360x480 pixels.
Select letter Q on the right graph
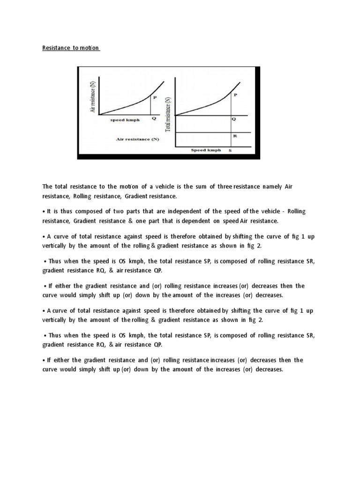[234, 119]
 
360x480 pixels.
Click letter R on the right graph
[234, 136]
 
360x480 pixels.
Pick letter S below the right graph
[230, 151]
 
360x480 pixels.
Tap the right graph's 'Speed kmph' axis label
[206, 150]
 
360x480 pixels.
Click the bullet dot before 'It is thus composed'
[43, 212]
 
